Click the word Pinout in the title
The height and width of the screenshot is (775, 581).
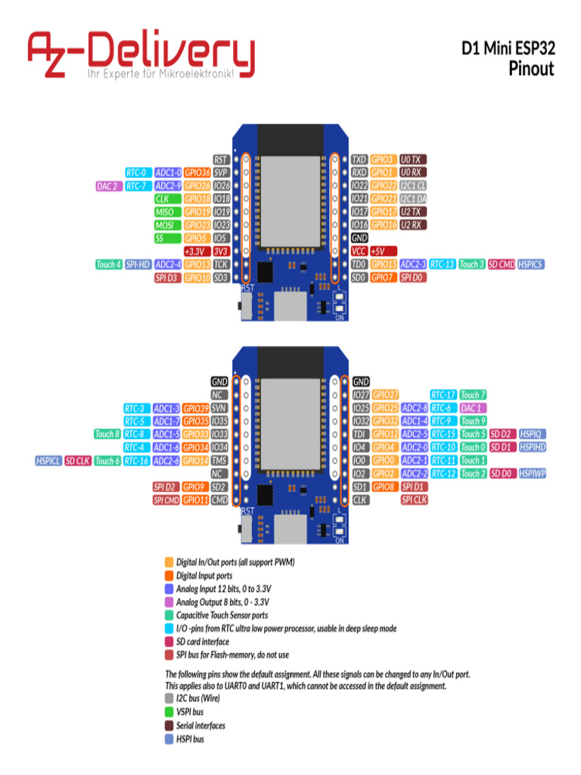coord(532,69)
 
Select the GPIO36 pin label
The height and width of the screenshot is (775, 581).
coord(197,173)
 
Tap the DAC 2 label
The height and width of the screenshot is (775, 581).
coord(107,185)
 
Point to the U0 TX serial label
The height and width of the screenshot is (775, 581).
coord(413,160)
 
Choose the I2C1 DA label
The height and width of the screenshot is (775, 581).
coord(413,198)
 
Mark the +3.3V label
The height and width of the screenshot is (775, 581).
coord(196,251)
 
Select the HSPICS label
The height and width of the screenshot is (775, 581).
coord(530,264)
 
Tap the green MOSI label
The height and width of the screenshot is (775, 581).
coord(165,225)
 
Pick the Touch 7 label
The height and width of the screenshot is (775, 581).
coord(473,395)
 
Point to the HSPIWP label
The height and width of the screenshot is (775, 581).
coord(533,473)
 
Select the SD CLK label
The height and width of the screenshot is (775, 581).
coord(77,460)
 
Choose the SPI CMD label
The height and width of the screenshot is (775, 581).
coord(166,500)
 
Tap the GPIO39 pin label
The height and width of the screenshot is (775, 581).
coord(196,408)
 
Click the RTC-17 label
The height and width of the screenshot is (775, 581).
coord(443,395)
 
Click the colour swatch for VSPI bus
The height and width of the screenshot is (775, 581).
coord(169,711)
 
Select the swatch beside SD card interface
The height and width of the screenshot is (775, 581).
coord(169,642)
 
